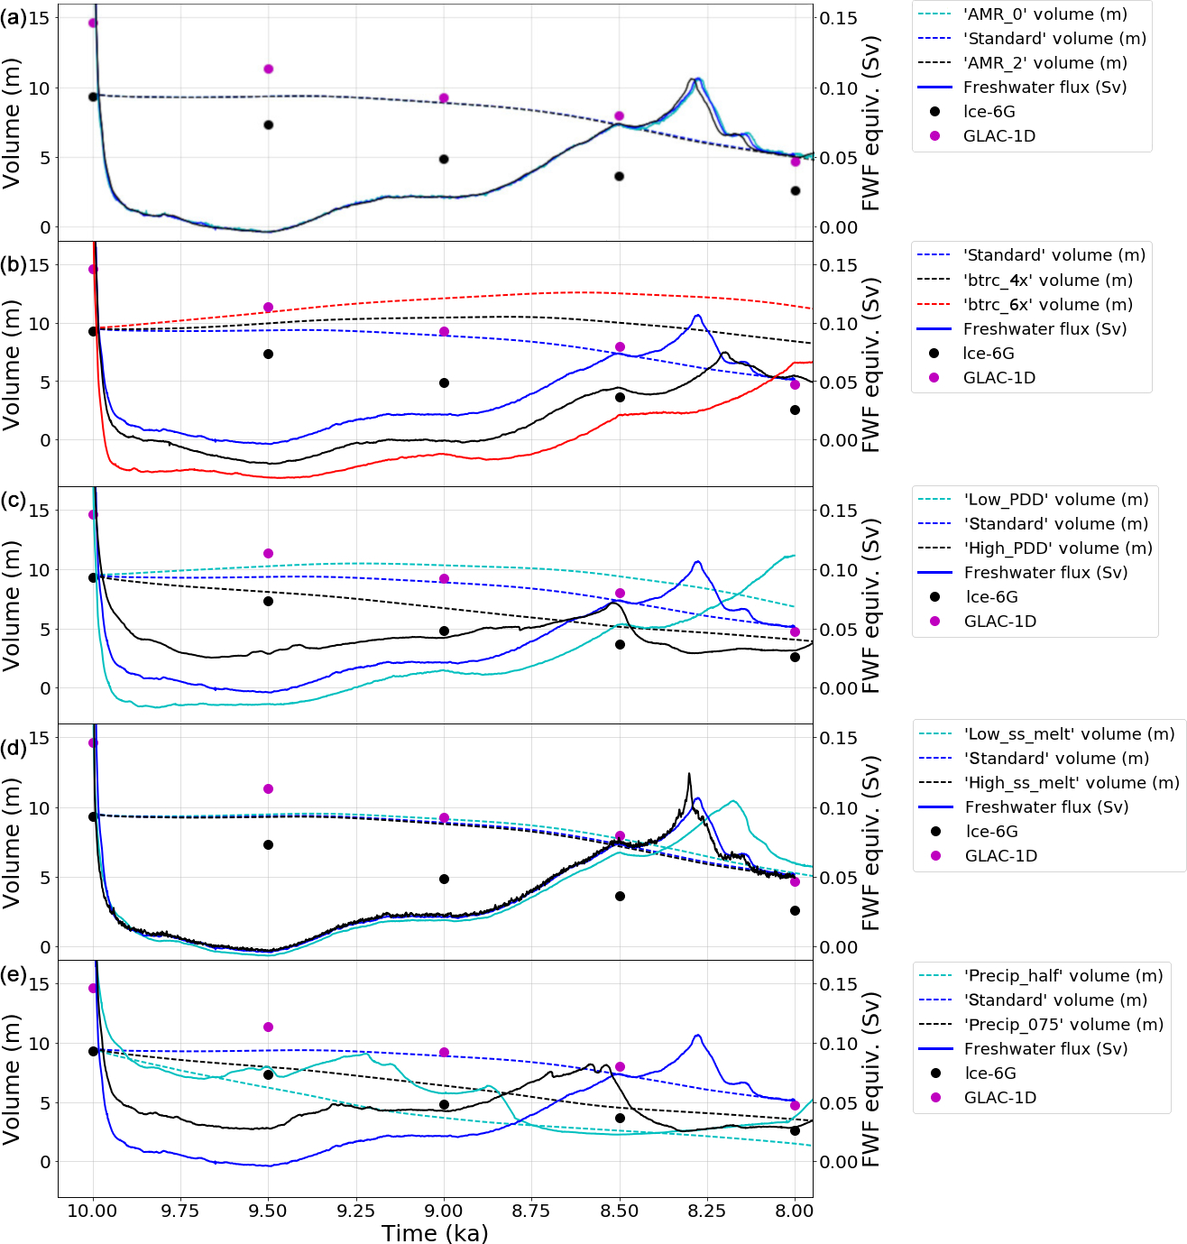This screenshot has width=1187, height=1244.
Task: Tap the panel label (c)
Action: (14, 502)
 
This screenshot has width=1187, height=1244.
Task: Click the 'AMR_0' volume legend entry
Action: (1044, 14)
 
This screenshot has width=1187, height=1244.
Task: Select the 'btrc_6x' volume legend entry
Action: (1047, 305)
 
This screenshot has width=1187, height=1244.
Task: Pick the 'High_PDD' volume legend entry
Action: (1058, 548)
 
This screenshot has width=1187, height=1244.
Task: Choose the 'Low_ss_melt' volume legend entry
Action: (1070, 734)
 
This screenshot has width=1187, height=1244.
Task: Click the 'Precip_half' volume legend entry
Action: (1063, 976)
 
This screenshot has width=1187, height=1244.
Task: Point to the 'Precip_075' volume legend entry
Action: (1063, 1025)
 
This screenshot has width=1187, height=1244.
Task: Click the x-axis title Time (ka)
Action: (435, 1233)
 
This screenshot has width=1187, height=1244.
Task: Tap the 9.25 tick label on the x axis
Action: (355, 1211)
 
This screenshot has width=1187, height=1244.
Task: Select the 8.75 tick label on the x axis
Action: (531, 1211)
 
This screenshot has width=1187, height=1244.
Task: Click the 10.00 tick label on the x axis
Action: (92, 1211)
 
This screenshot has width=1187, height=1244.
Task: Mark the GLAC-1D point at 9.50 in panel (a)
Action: (268, 69)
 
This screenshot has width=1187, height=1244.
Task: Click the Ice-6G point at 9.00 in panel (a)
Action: (444, 159)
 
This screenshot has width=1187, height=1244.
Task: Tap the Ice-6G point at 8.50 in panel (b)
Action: (620, 397)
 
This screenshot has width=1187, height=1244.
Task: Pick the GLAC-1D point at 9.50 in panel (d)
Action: (268, 788)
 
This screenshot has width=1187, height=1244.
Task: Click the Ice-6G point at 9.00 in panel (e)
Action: (444, 1104)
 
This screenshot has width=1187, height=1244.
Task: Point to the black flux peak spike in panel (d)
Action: (689, 774)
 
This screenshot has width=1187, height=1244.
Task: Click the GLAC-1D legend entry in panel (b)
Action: (998, 378)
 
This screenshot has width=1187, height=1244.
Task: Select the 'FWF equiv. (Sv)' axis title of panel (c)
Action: (870, 605)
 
